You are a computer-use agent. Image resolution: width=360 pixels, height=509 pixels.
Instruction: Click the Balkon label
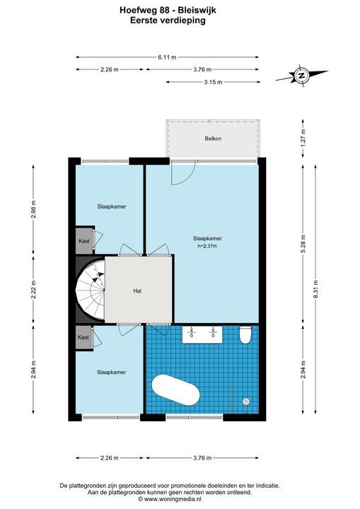(x=213, y=139)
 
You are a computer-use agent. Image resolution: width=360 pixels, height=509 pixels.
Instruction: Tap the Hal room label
(x=137, y=291)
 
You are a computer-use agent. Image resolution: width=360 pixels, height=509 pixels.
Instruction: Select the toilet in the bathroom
(x=245, y=335)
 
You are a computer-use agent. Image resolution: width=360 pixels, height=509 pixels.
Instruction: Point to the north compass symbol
(x=301, y=76)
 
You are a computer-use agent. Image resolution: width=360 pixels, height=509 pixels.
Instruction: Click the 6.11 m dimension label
(x=167, y=57)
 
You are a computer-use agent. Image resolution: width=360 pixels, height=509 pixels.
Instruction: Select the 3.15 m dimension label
(x=213, y=82)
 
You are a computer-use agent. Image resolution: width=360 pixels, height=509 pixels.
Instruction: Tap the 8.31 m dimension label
(x=316, y=288)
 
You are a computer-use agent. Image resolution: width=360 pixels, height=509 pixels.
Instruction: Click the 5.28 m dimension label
(x=303, y=243)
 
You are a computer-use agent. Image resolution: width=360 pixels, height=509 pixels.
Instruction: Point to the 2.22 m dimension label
(x=33, y=288)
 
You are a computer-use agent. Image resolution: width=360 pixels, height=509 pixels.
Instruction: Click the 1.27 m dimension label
(x=303, y=139)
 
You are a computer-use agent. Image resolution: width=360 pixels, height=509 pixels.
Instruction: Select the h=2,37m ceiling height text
(x=207, y=246)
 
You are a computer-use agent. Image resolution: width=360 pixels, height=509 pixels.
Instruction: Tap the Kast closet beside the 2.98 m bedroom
(x=84, y=241)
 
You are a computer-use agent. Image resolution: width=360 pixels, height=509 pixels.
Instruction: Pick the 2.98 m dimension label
(x=33, y=210)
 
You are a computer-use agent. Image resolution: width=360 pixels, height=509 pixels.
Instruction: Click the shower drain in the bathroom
(x=246, y=402)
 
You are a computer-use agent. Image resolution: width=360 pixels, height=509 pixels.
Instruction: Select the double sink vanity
(x=202, y=334)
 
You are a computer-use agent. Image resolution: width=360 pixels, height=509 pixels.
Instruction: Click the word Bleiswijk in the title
(x=197, y=11)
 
